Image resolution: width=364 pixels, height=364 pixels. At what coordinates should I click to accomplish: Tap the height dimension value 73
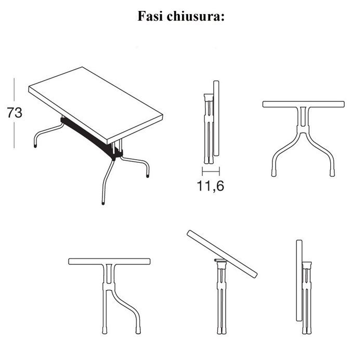[15, 113]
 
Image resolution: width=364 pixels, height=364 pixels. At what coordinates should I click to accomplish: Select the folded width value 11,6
[210, 186]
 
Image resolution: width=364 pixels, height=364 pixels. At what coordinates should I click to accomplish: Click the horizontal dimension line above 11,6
[211, 172]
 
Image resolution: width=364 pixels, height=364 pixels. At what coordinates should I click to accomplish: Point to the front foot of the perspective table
[103, 203]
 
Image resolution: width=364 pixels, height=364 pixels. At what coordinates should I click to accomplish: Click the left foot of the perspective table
[35, 146]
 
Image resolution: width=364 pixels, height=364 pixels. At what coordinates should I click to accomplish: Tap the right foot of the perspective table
[148, 176]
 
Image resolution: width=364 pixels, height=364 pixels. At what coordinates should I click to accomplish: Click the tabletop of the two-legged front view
[303, 104]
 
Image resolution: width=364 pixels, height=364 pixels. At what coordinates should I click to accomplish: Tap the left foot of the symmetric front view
[274, 173]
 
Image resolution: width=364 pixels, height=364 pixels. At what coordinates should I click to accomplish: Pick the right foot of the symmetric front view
[332, 173]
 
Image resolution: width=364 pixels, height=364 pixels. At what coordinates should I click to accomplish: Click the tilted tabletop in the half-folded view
[222, 254]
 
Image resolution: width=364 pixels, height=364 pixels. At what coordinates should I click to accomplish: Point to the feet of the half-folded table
[222, 330]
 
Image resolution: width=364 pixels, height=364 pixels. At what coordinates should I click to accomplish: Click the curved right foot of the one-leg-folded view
[138, 330]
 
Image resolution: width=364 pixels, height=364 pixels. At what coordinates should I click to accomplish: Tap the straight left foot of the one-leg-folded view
[105, 330]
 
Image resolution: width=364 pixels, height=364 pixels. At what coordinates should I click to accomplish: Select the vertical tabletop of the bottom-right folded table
[300, 280]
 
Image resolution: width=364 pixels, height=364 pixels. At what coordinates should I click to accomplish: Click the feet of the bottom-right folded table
[307, 330]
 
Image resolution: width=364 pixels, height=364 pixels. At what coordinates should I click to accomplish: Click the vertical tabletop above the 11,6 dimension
[216, 119]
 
